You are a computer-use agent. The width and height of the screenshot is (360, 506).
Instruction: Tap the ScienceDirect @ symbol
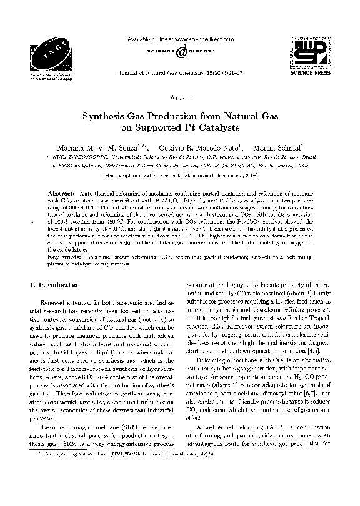(181, 52)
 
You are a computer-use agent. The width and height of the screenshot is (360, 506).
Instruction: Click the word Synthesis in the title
(108, 116)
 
